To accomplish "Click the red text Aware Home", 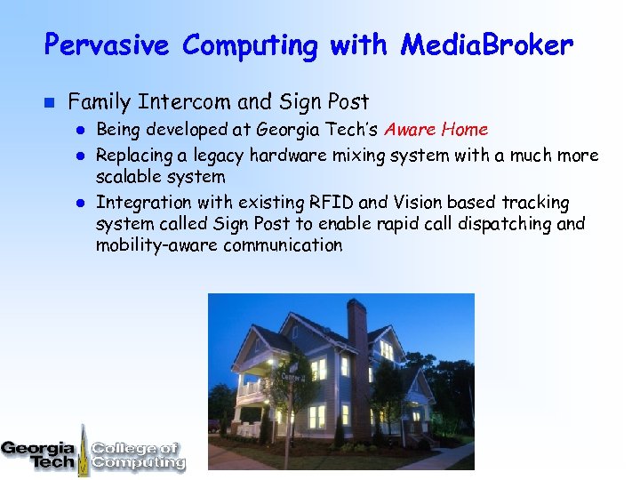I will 436,130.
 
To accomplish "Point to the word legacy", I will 216,156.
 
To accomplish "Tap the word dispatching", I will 505,223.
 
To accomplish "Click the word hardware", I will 288,156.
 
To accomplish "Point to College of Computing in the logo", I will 138,455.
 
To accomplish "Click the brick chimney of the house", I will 356,333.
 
